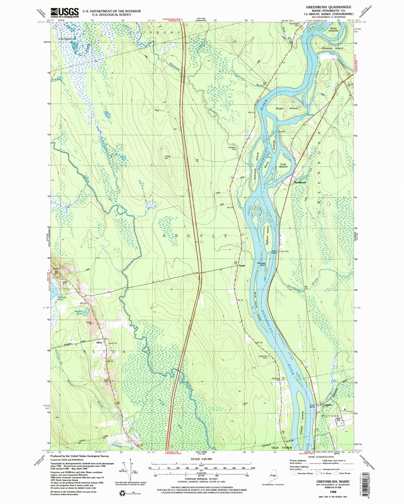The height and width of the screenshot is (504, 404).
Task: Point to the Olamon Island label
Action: pos(333,48)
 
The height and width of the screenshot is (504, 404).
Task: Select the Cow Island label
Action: pos(283,165)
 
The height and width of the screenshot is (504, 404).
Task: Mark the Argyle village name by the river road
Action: pos(242,266)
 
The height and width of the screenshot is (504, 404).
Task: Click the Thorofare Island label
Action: pos(261,264)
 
